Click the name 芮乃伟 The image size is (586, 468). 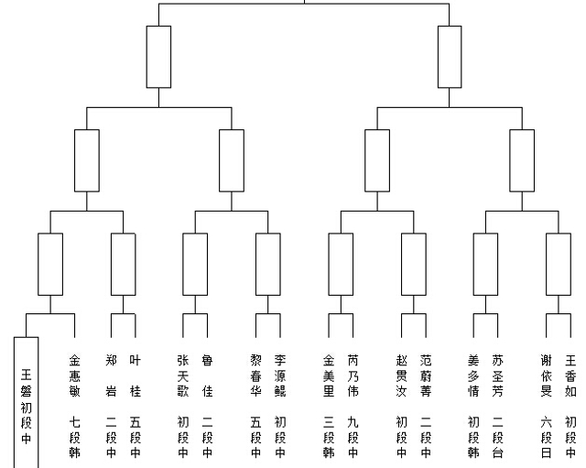[353, 375]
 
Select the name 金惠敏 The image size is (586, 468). [75, 375]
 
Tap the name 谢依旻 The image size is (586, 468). [546, 375]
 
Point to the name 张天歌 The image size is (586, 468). [183, 375]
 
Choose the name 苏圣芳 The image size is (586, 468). [497, 375]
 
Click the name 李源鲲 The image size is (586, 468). [280, 375]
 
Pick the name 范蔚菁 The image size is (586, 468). [426, 375]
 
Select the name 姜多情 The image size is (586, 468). [473, 375]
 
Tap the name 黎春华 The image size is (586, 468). [255, 375]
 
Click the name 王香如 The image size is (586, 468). [570, 375]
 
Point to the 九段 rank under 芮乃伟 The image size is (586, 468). [353, 430]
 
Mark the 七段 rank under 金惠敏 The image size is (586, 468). [75, 430]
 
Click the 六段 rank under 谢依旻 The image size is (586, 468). [546, 430]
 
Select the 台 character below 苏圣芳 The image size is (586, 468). [497, 452]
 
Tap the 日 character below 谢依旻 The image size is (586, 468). [546, 452]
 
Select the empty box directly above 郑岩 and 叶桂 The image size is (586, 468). [112, 265]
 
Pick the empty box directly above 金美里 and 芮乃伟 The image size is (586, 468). [329, 265]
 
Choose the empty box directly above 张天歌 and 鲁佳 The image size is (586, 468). [183, 265]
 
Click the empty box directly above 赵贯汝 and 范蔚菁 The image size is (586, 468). [402, 265]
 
